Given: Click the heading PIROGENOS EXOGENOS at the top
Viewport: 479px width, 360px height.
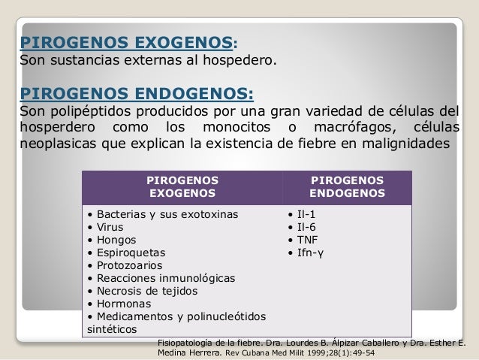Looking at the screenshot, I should (127, 40).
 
